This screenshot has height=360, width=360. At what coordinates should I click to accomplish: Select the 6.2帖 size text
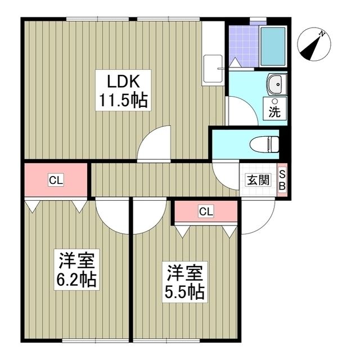[x=78, y=280]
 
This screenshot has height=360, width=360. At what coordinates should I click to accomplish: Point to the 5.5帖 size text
[x=183, y=292]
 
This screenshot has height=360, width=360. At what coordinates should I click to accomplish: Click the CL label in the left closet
[x=55, y=181]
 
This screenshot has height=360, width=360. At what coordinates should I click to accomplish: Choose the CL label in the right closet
[x=206, y=211]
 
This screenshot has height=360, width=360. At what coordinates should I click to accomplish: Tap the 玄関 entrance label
[x=257, y=181]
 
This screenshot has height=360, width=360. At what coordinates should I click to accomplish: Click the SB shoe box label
[x=283, y=181]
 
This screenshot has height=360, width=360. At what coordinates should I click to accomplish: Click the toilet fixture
[x=265, y=144]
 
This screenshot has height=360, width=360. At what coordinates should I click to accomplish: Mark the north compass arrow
[x=311, y=48]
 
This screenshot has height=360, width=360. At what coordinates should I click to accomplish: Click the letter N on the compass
[x=323, y=35]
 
